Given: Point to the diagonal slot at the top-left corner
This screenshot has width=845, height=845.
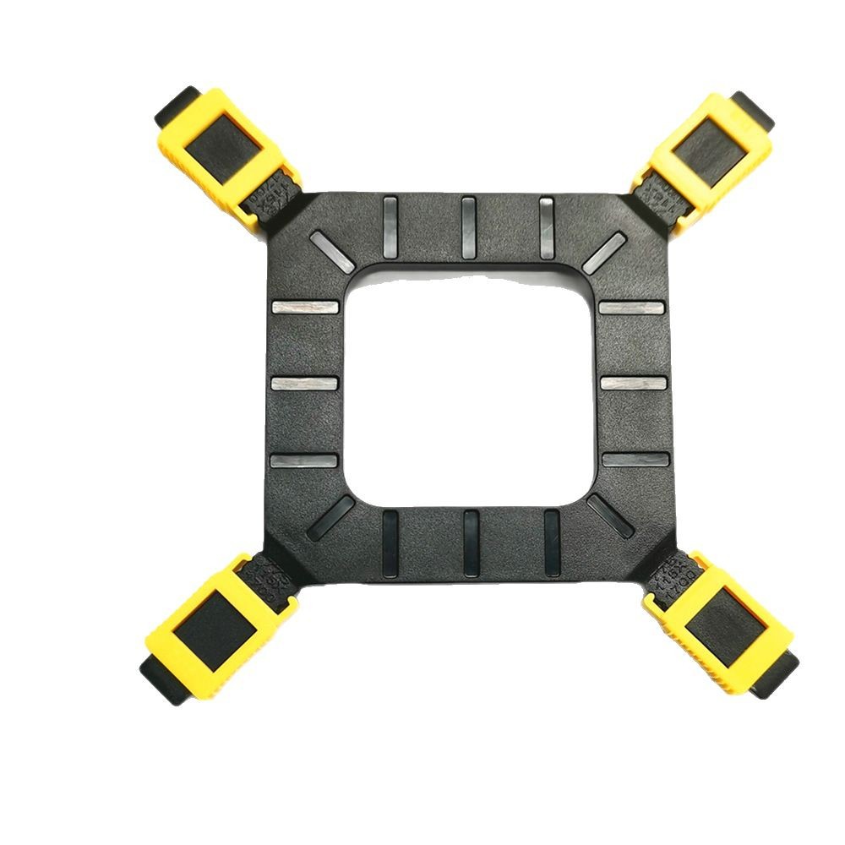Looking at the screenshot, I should click(x=332, y=253).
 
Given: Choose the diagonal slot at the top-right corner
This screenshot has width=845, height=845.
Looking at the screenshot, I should click(x=604, y=253).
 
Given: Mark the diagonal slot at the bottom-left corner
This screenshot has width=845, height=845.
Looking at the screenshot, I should click(x=330, y=517).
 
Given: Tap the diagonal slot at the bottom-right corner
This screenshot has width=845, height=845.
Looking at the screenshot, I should click(x=610, y=516).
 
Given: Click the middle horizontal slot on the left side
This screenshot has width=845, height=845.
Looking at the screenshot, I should click(x=304, y=384).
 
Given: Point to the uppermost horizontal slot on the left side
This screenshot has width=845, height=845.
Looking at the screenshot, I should click(x=304, y=307).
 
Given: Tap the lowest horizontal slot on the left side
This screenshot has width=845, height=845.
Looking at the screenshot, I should click(x=304, y=461).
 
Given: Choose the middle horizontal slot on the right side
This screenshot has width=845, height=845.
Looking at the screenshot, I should click(x=634, y=384).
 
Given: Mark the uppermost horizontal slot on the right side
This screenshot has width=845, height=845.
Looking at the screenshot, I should click(x=631, y=307).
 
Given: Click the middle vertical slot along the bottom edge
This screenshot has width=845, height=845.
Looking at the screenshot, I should click(x=471, y=542).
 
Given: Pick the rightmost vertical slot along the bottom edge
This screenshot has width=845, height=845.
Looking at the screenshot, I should click(x=552, y=542).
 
